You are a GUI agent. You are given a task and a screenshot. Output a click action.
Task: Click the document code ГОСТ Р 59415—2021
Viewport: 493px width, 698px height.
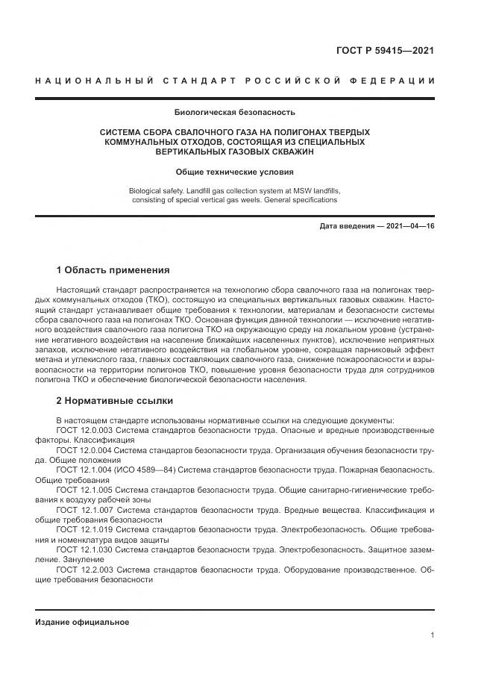click(386, 51)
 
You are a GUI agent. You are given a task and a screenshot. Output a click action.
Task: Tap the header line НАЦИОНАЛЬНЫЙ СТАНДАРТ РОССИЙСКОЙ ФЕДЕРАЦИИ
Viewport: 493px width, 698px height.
click(235, 81)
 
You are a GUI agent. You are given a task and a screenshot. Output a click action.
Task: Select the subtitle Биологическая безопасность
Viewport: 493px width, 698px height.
click(235, 113)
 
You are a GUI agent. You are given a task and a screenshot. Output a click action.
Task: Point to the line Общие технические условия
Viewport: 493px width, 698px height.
click(235, 171)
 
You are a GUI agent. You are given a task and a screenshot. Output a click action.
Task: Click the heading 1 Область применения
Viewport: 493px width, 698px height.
click(113, 270)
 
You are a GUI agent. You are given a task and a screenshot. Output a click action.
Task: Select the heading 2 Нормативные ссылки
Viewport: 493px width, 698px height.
click(114, 400)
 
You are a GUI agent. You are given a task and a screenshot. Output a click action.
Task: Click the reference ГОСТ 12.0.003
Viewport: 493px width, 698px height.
click(84, 430)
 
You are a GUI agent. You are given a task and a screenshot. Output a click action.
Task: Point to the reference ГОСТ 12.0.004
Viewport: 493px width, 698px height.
click(84, 450)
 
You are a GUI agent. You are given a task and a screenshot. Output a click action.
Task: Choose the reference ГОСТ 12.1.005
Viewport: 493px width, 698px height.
click(84, 490)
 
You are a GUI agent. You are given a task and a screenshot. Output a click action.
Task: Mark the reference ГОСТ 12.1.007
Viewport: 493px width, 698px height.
click(84, 510)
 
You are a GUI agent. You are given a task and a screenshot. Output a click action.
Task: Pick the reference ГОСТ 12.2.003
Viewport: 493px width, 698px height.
click(84, 570)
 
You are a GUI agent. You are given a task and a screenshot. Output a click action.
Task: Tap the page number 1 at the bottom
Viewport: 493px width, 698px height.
click(432, 635)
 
